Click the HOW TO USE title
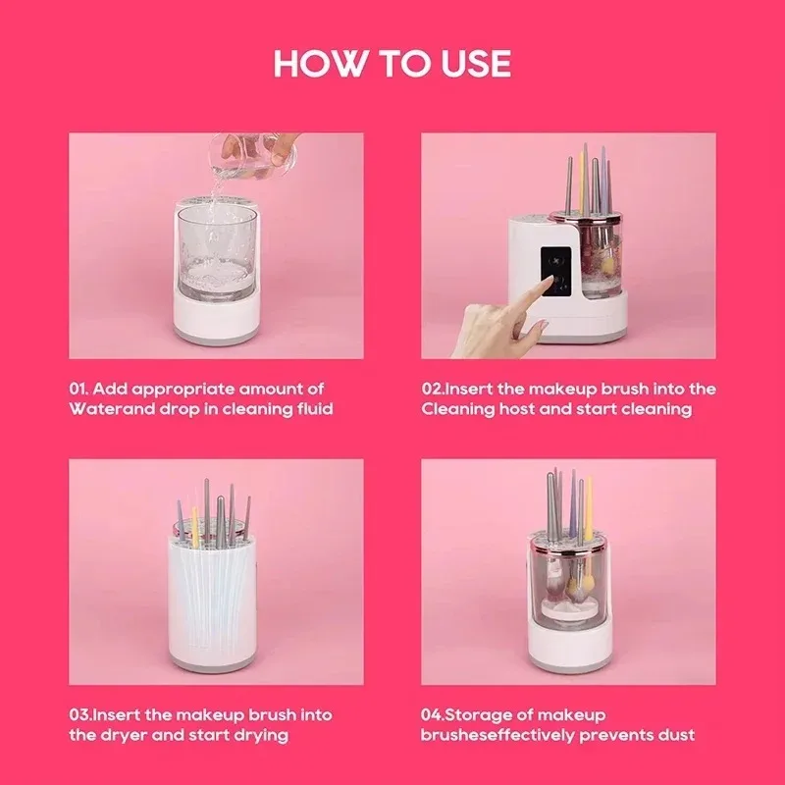click(x=392, y=63)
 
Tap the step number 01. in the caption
click(x=82, y=390)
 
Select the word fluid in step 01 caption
click(x=311, y=408)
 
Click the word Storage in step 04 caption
click(x=490, y=715)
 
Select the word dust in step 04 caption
click(x=677, y=734)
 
